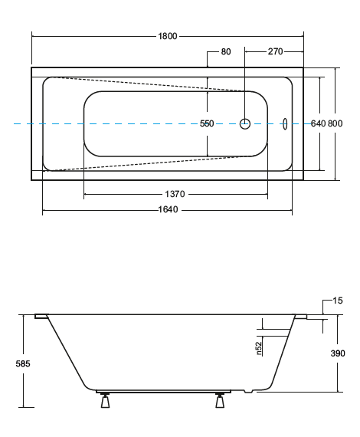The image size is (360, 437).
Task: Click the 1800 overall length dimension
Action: tap(168, 35)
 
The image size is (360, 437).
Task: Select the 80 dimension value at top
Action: tap(226, 51)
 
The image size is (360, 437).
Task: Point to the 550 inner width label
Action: tap(207, 123)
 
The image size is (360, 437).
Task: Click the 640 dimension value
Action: tap(319, 123)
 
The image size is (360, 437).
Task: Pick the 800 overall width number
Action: tap(335, 123)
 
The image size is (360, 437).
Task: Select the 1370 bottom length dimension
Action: tap(175, 195)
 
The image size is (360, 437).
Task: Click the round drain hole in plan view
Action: tap(246, 123)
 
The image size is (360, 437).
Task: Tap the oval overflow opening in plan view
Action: tap(285, 123)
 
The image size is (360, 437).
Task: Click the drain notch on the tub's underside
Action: tap(247, 391)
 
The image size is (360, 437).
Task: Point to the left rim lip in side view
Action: tap(41, 315)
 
